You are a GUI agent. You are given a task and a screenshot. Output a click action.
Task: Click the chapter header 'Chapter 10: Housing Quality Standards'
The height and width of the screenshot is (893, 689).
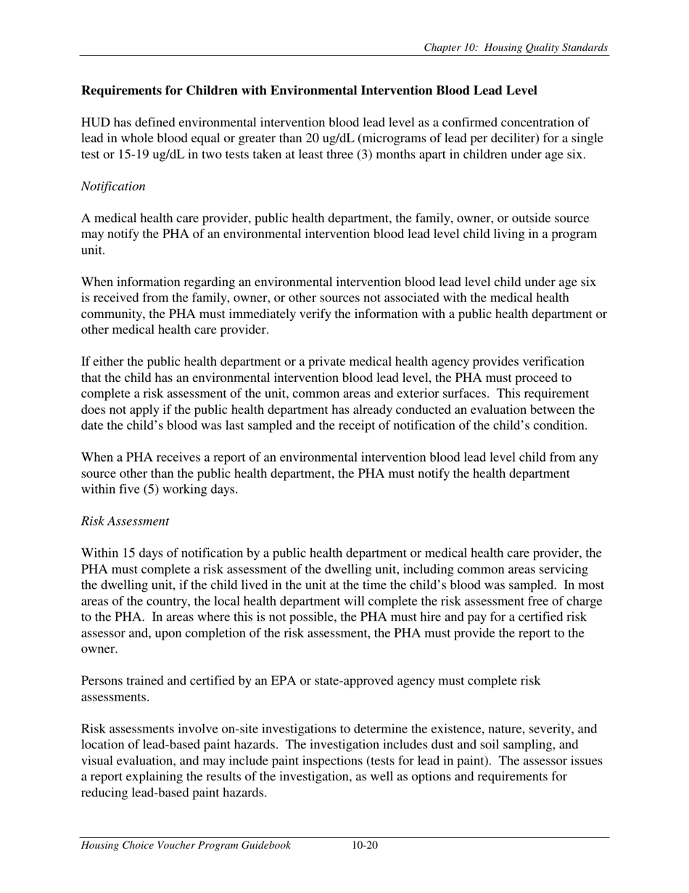[x=516, y=48]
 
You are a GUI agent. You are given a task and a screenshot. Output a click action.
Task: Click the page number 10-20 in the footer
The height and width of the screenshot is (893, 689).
[x=365, y=845]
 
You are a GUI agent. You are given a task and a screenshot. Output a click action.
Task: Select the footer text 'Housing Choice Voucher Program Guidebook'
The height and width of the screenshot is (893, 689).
[x=186, y=845]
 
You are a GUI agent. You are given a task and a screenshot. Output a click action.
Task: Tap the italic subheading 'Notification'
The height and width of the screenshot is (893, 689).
[x=112, y=187]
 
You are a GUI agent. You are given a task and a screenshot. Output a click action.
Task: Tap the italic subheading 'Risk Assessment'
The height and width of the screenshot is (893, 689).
[x=125, y=521]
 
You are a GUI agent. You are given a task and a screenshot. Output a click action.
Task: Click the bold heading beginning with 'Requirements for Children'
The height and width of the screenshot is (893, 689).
[x=309, y=91]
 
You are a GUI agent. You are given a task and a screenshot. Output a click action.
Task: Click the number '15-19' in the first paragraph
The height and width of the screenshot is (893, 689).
[x=120, y=155]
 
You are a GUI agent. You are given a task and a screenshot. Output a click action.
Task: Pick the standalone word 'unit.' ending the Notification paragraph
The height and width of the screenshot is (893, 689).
[x=93, y=250]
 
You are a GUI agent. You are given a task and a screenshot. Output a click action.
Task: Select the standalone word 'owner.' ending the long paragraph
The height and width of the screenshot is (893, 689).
[x=99, y=649]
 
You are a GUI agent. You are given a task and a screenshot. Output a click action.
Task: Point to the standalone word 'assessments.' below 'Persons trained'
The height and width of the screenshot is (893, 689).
[x=115, y=697]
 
